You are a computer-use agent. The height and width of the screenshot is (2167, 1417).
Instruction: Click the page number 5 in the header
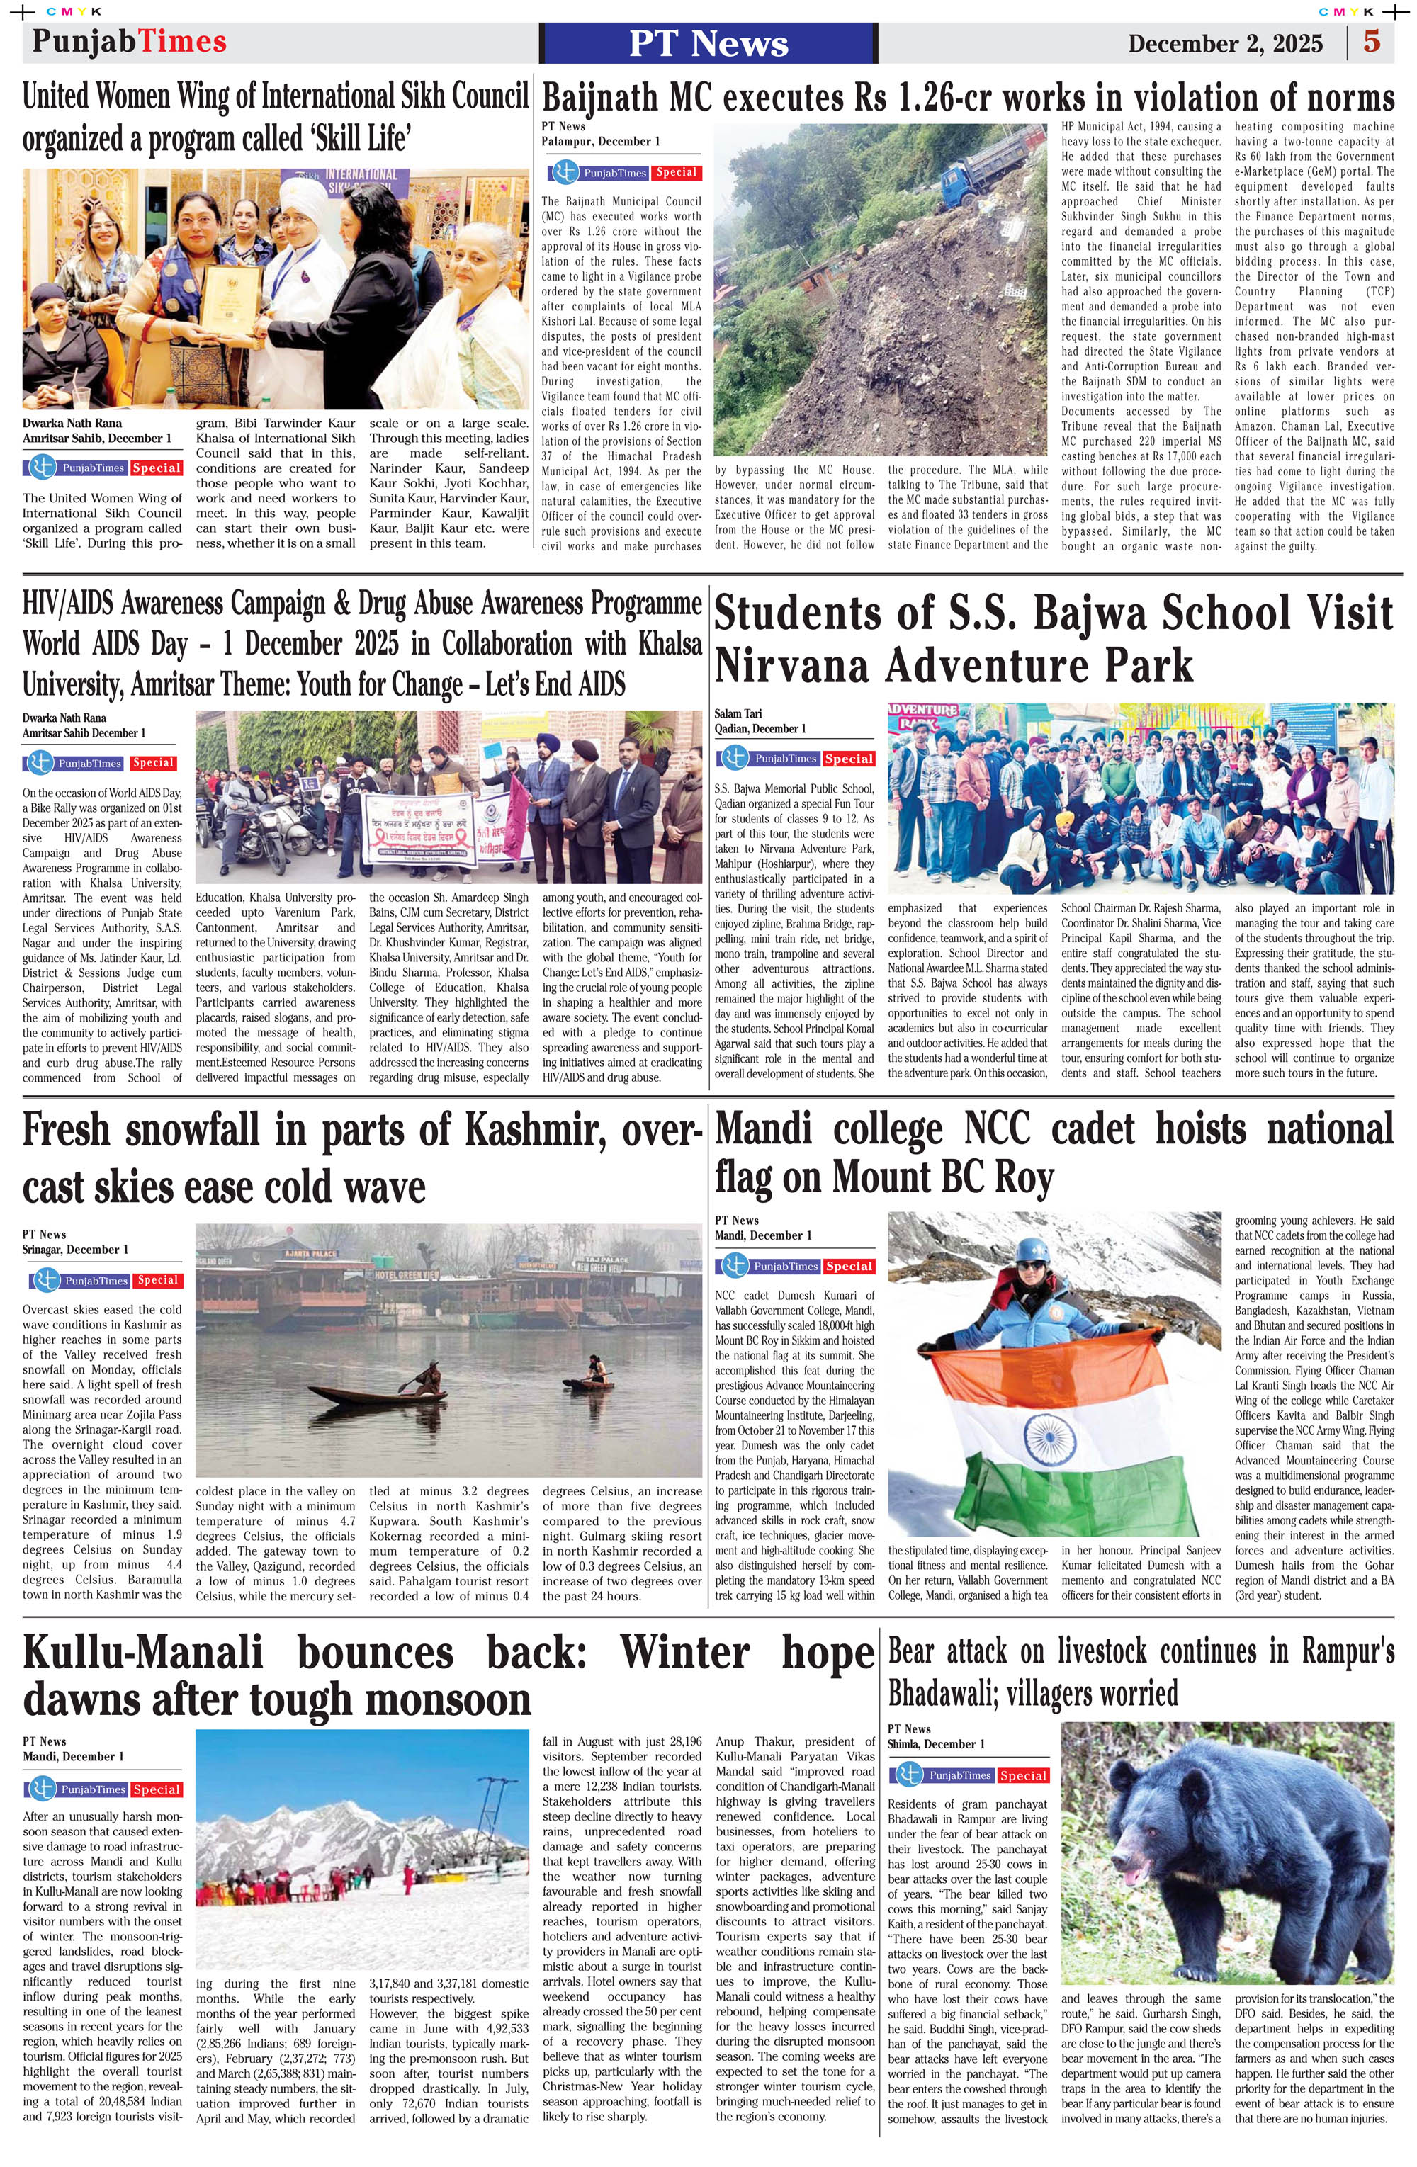(1372, 42)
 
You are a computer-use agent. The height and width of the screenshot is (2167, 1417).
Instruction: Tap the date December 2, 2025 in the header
(1225, 44)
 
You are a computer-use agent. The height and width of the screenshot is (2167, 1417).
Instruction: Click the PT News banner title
(708, 43)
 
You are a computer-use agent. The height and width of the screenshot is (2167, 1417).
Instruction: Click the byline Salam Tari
(738, 714)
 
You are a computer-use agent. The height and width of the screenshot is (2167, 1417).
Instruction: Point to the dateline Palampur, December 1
(601, 141)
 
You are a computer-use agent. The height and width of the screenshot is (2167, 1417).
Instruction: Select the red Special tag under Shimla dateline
(1022, 1775)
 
